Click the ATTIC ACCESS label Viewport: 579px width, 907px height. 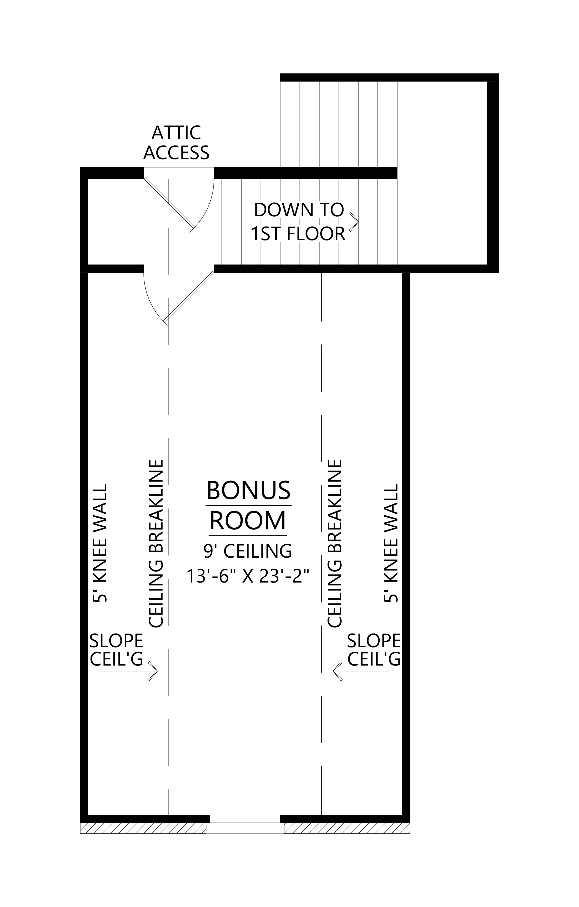tap(176, 143)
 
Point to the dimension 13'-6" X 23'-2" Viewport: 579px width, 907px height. tap(248, 576)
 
